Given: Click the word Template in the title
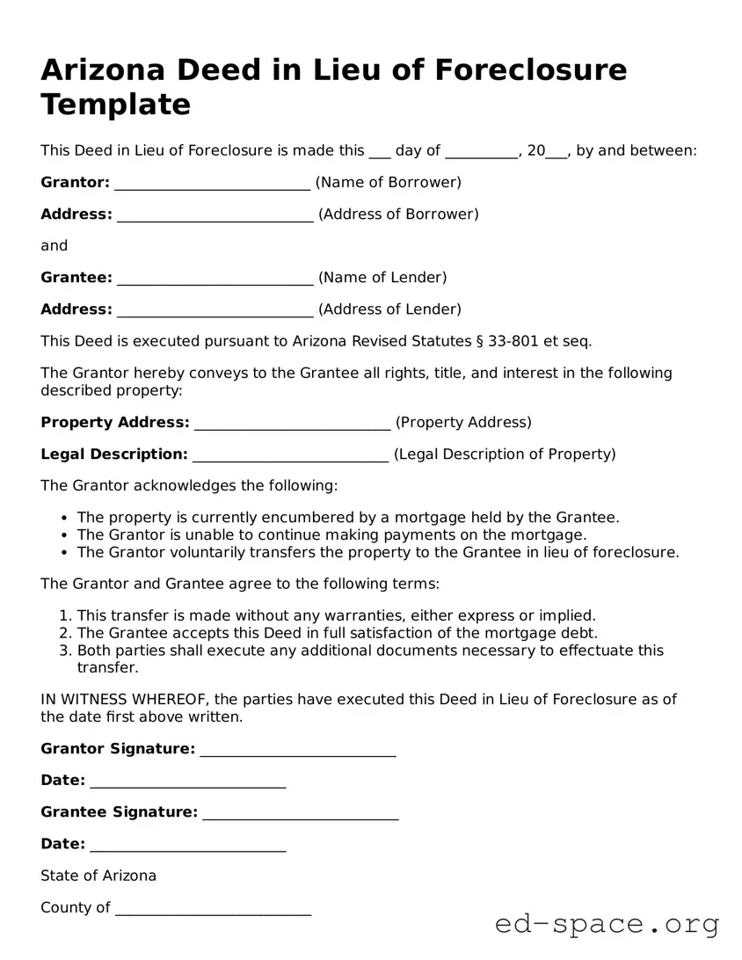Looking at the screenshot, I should click(115, 105).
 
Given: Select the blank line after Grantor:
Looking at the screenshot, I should click(212, 183).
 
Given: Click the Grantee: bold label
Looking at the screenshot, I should click(76, 278).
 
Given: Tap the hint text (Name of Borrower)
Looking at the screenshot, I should click(388, 183).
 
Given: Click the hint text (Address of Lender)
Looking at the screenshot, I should click(389, 309).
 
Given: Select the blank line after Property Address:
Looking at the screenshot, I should click(292, 423).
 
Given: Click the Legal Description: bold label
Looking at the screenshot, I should click(114, 455).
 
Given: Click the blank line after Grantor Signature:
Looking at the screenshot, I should click(298, 750).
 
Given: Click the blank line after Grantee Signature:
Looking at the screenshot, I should click(301, 813).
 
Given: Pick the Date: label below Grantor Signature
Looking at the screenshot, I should click(62, 781).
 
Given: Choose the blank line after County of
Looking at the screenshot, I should click(213, 908).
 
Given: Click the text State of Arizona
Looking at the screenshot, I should click(98, 876).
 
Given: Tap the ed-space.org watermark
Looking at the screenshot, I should click(607, 924).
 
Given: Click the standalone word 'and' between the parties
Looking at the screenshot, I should click(54, 246).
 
